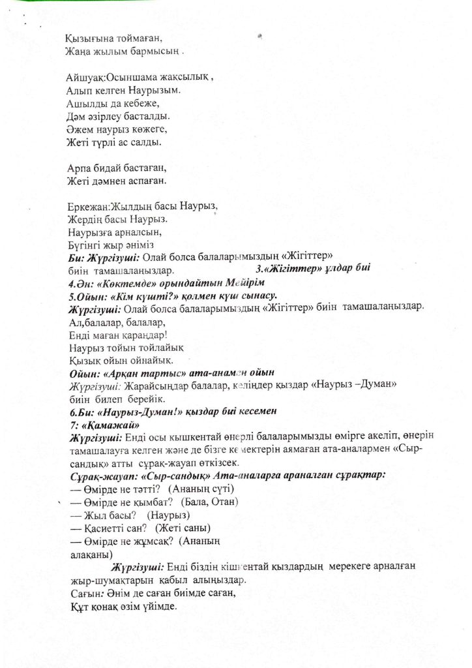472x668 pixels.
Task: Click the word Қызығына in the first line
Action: click(x=90, y=38)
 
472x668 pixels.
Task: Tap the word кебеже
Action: click(x=140, y=104)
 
